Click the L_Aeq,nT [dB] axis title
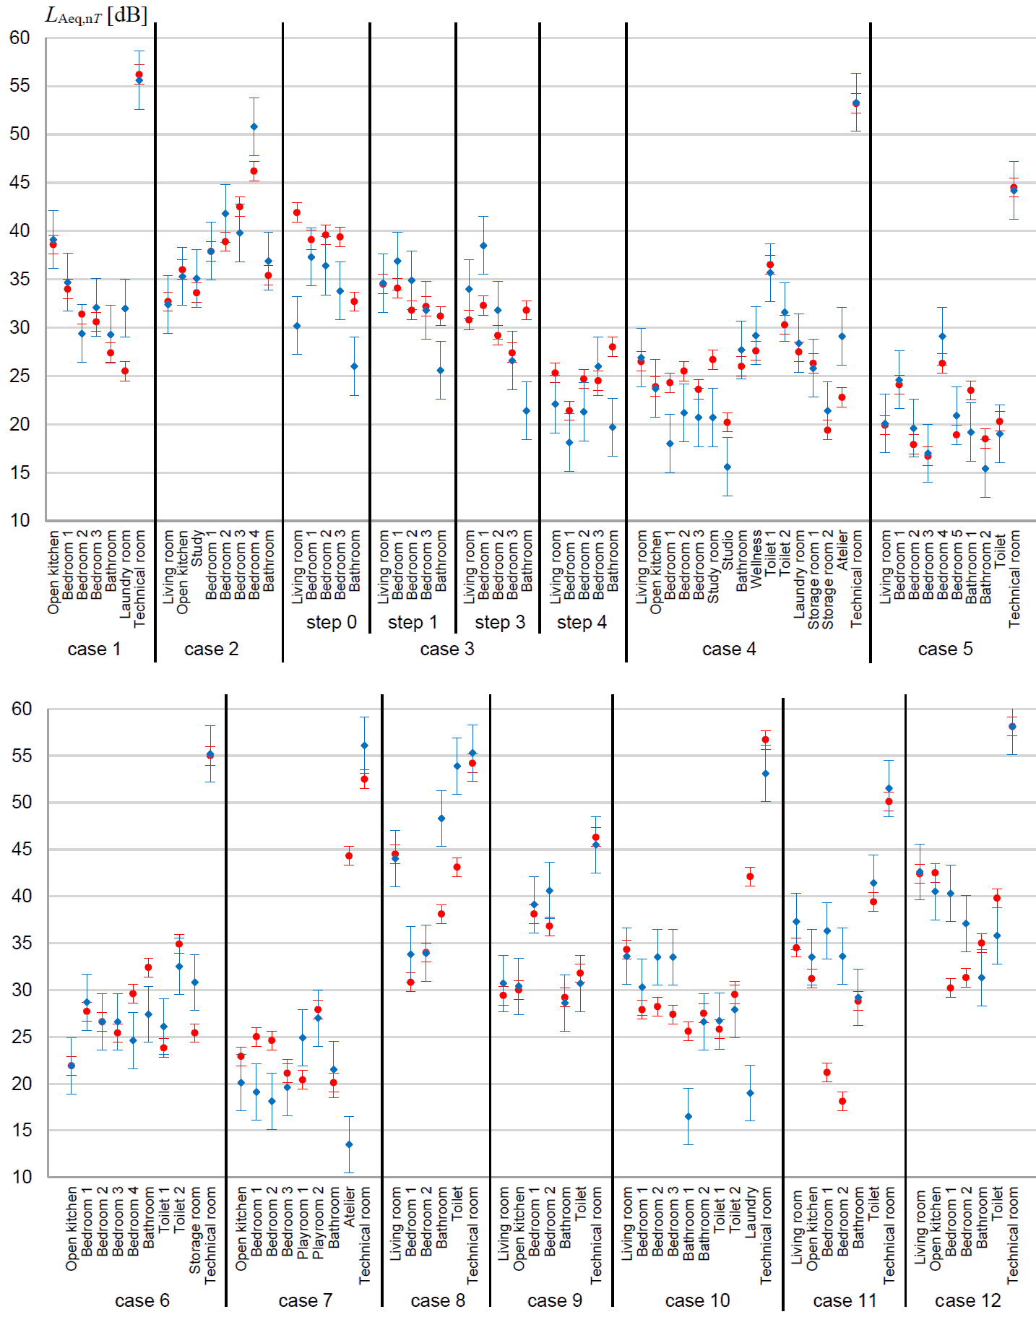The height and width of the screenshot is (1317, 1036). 95,14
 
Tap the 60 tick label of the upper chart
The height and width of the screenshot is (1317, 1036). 20,38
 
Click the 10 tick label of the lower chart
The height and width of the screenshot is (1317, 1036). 22,1177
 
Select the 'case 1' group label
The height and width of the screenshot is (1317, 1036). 94,649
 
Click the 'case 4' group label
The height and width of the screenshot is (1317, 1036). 729,649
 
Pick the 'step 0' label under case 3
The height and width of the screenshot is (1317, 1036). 332,622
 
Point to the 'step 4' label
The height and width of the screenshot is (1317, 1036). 582,622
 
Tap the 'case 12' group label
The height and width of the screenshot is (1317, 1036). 968,1300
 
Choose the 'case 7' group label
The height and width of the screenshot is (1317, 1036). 305,1300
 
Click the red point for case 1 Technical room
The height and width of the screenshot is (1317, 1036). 139,74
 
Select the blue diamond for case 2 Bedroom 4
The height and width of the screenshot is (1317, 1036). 254,127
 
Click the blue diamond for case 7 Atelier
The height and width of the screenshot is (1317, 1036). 349,1144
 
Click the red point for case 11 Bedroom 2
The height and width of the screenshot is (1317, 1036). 842,1102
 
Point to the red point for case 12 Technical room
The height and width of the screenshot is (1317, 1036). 1012,727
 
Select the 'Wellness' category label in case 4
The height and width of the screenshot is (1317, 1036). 756,560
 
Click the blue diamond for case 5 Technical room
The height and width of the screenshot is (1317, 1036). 1014,190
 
